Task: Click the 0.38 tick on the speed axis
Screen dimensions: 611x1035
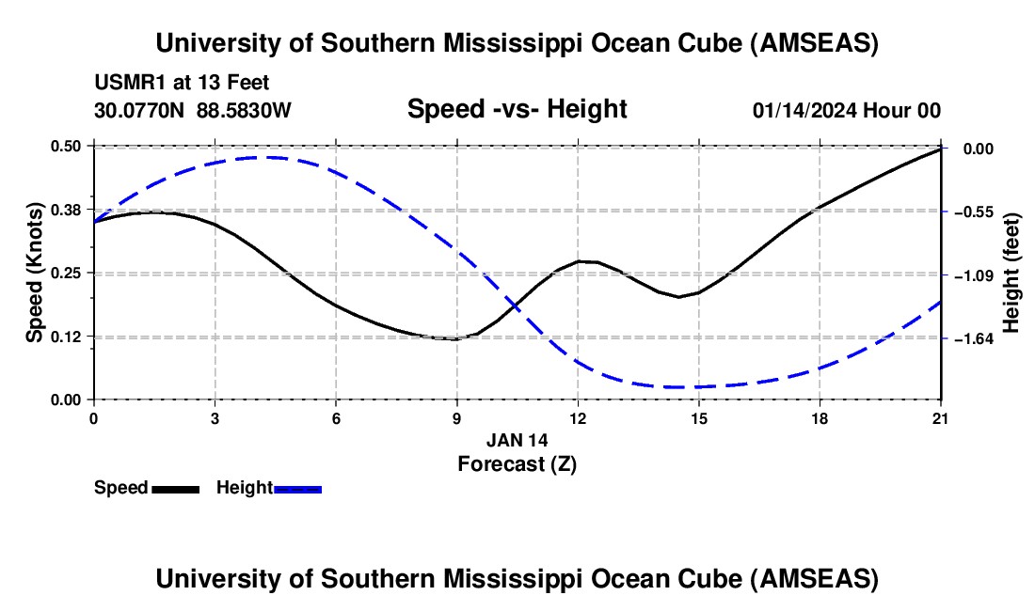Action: pyautogui.click(x=66, y=209)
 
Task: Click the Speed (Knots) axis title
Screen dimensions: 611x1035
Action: pyautogui.click(x=35, y=273)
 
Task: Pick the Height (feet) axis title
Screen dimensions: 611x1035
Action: pyautogui.click(x=1012, y=273)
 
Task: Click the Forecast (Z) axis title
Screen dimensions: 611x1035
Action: pyautogui.click(x=517, y=463)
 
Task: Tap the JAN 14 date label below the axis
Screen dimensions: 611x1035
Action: pyautogui.click(x=517, y=439)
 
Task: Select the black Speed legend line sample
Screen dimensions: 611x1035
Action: pyautogui.click(x=175, y=489)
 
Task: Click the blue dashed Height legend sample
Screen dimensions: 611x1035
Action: pyautogui.click(x=298, y=489)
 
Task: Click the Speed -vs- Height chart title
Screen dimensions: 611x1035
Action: pyautogui.click(x=517, y=110)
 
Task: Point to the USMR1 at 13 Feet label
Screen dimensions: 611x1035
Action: pyautogui.click(x=182, y=84)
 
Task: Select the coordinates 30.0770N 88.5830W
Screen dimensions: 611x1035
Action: pyautogui.click(x=193, y=110)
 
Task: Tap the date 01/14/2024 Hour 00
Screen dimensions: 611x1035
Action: pyautogui.click(x=846, y=110)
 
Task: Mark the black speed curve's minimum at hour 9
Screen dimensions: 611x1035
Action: pyautogui.click(x=456, y=338)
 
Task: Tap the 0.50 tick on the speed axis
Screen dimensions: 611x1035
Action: pyautogui.click(x=66, y=146)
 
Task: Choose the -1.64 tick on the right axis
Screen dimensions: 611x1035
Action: pyautogui.click(x=970, y=338)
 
